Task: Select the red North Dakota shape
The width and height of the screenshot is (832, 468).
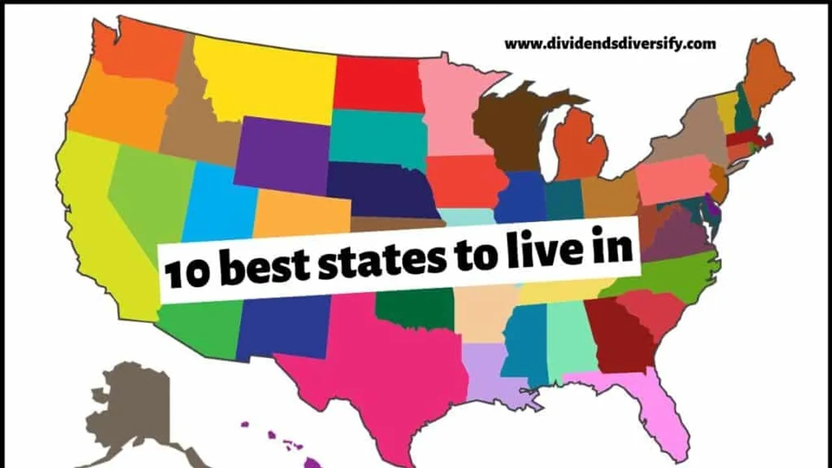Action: [x=376, y=83]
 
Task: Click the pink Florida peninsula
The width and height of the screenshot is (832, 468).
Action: [x=656, y=409]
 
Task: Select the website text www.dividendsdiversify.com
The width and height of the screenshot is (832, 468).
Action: [x=610, y=44]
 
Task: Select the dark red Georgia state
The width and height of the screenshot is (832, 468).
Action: [x=621, y=338]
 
